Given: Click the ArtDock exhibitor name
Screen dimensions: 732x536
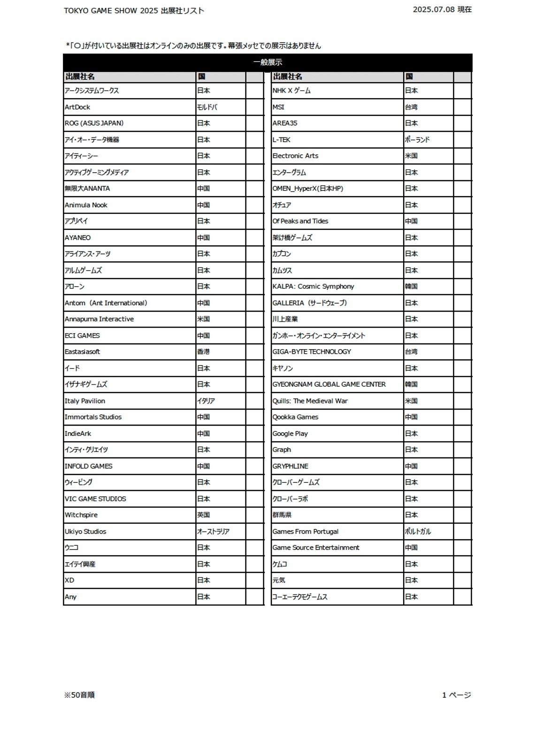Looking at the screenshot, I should tap(77, 107).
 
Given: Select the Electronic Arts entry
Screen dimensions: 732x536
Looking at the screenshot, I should tap(295, 156).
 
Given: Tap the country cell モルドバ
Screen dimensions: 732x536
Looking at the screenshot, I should tap(207, 107).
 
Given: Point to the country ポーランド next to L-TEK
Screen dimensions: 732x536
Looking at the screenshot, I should tap(417, 140).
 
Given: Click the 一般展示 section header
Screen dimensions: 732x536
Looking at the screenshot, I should tap(268, 62).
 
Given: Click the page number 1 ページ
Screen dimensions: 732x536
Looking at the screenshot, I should tap(456, 695).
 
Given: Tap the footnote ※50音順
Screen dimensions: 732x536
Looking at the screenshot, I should tap(79, 695).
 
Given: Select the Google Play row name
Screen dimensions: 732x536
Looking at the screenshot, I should tap(290, 434).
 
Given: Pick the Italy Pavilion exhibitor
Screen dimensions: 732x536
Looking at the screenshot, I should tap(85, 401).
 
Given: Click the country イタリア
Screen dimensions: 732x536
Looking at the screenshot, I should tap(206, 401).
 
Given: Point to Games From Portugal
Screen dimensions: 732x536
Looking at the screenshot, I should tap(306, 532).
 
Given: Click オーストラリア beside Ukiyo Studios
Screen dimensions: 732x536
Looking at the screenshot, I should tap(213, 532).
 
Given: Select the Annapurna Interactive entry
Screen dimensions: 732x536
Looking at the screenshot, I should tap(99, 319).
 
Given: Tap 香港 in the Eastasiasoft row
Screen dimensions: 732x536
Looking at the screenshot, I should tap(204, 351).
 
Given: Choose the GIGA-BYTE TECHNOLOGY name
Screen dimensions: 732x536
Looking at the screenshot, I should tap(312, 351).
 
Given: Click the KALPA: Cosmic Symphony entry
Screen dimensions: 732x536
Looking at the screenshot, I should tap(313, 286).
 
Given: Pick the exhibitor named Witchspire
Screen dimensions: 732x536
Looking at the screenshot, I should tap(81, 515).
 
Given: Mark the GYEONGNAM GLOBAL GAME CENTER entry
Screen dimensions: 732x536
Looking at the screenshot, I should tap(329, 384).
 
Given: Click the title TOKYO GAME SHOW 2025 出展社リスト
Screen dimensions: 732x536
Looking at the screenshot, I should tap(134, 10).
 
